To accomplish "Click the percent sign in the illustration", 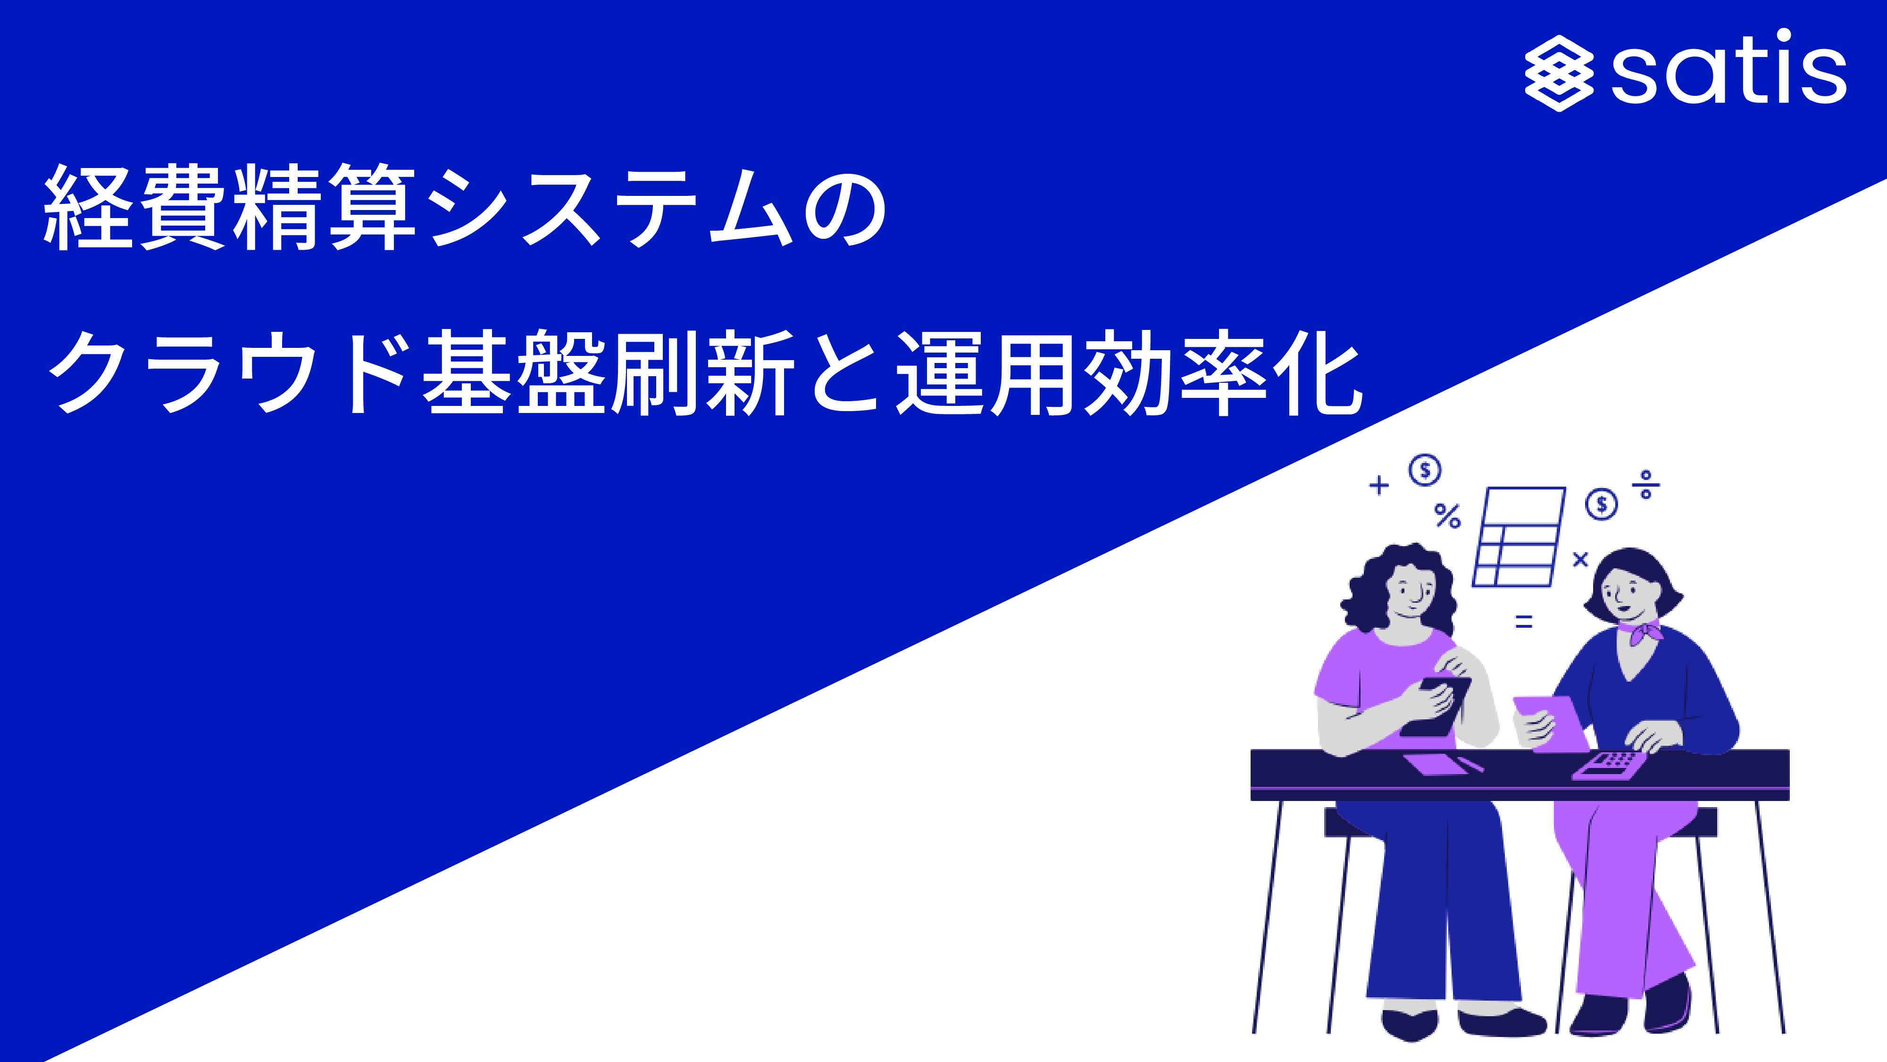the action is point(1447,516).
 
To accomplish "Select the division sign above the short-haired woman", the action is point(1646,484).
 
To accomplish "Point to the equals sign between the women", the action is point(1524,622).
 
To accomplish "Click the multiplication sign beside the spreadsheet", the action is point(1580,560).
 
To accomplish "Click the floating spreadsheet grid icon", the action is point(1519,537).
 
